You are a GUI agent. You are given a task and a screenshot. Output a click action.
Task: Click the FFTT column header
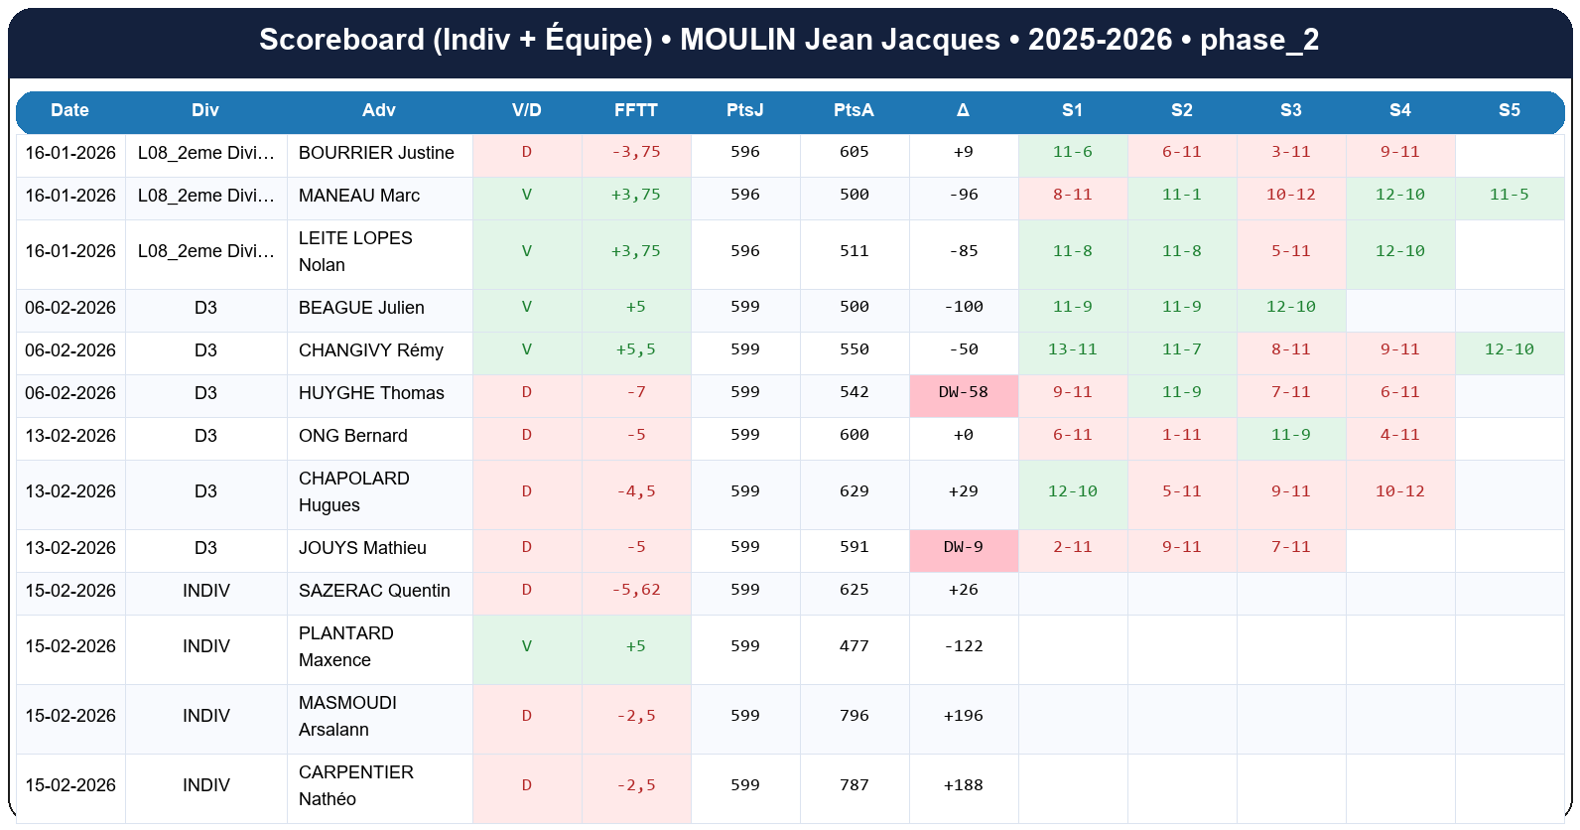tap(635, 110)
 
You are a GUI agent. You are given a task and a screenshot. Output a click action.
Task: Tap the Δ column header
tap(963, 110)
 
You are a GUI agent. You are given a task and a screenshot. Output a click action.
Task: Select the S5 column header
tap(1509, 110)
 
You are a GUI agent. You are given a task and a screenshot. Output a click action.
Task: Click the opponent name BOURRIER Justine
tap(376, 153)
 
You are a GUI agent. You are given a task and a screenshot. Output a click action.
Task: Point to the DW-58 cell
tap(964, 392)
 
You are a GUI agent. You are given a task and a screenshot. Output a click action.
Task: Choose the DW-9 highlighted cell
tap(964, 547)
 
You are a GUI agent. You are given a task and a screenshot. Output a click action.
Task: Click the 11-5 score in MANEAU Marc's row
tap(1509, 195)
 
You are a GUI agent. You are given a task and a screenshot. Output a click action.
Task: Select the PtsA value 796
tap(854, 715)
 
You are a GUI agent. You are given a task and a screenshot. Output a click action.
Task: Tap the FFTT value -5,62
tap(636, 590)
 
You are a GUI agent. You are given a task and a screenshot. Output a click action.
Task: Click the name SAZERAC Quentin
tap(374, 591)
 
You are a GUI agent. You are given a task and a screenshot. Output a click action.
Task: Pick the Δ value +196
tap(963, 715)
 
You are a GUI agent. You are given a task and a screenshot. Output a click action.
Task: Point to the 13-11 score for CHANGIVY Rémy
tap(1072, 349)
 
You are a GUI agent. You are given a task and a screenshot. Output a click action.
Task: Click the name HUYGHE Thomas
tap(371, 393)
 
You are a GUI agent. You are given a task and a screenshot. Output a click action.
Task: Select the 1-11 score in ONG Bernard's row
tap(1181, 435)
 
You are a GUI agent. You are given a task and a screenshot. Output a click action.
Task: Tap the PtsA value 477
tap(854, 645)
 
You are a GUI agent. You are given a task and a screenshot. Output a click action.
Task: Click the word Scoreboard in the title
tap(341, 40)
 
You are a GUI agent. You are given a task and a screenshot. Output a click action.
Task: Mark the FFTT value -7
tap(636, 392)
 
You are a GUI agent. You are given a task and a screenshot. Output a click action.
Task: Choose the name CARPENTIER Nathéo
tap(355, 785)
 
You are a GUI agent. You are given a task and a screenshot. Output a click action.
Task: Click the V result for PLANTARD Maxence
tap(527, 646)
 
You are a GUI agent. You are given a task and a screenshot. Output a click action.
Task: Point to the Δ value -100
tap(963, 307)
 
